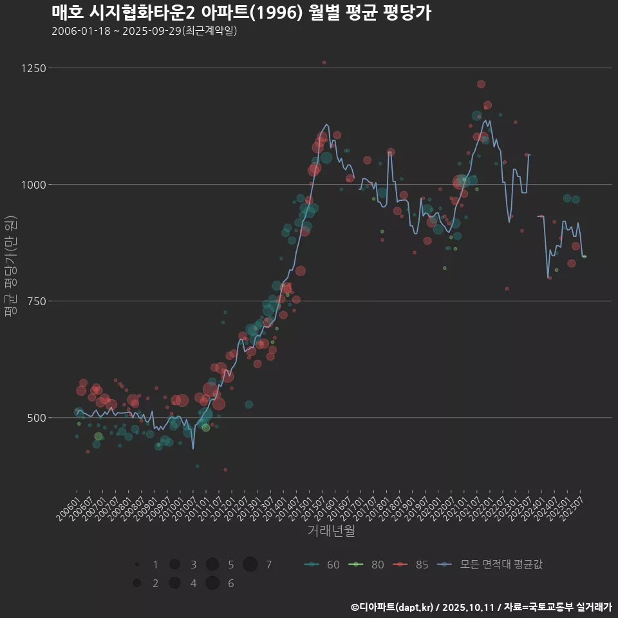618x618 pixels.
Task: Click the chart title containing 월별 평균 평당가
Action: [x=240, y=12]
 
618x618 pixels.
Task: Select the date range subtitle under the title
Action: [x=144, y=30]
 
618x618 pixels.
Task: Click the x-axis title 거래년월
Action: [x=331, y=531]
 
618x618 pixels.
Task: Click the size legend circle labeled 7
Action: [x=250, y=565]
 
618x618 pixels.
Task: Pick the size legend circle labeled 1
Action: [x=137, y=565]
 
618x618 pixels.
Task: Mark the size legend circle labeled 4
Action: [x=174, y=583]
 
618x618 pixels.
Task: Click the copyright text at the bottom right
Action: [x=481, y=607]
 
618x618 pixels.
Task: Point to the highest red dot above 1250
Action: [x=324, y=62]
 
